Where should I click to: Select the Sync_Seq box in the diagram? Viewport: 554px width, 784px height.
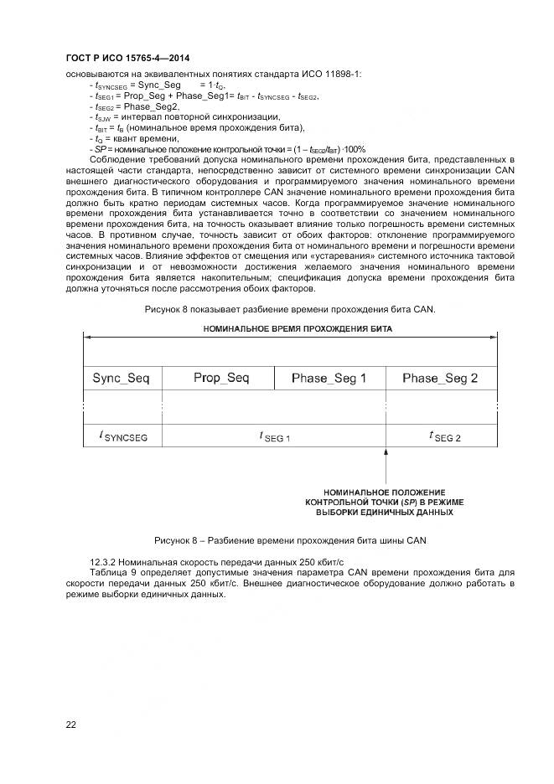coord(121,379)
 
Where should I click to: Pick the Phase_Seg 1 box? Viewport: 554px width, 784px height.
coord(329,379)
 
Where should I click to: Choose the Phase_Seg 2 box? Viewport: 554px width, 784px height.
coord(439,379)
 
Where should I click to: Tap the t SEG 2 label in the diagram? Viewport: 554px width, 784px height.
coord(444,436)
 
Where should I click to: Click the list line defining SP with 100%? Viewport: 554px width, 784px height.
coord(226,148)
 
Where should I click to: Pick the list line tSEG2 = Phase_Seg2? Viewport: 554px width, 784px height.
coord(134,106)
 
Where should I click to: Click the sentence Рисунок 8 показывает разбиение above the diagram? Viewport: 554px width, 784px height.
coord(290,309)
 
